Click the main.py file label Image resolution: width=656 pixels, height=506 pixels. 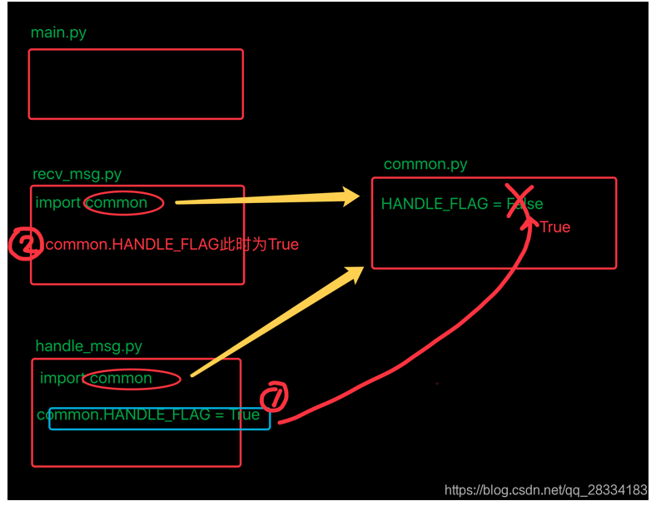point(58,33)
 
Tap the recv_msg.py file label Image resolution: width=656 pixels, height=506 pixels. point(77,174)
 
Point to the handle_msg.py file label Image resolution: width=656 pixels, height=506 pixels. point(88,346)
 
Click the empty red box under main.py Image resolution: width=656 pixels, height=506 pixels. point(136,83)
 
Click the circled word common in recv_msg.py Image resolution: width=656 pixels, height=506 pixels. point(122,202)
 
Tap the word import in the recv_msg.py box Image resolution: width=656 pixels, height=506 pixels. point(57,203)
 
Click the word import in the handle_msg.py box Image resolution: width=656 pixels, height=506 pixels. point(62,379)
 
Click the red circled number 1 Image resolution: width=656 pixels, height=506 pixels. point(274,397)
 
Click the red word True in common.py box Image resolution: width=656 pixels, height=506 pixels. point(554,227)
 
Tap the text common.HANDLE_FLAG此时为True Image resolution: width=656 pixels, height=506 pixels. point(171,245)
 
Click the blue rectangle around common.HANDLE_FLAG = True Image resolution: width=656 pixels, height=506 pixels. point(159,419)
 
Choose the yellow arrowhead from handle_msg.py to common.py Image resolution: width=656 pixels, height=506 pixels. point(353,274)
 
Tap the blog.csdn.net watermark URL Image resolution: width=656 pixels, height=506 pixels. point(545,490)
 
